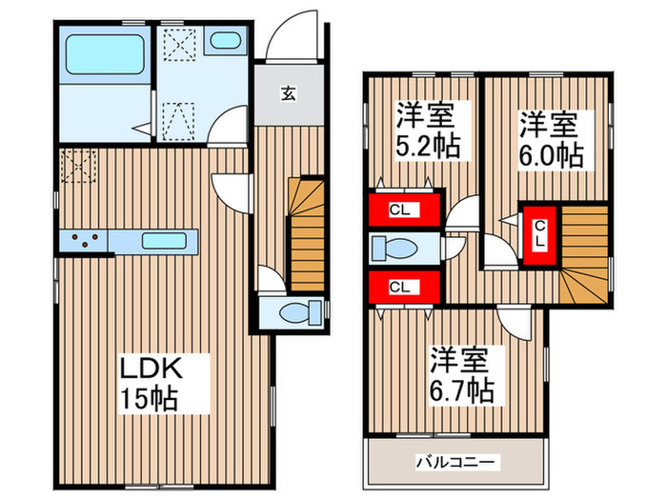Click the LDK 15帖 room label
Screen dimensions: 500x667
(x=150, y=383)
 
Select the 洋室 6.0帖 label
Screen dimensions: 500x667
(x=550, y=140)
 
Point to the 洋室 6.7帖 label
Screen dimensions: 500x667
(x=460, y=375)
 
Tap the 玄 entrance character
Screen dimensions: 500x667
(x=287, y=93)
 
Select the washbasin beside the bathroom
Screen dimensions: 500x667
(x=225, y=41)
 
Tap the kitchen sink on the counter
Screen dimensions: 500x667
(x=168, y=241)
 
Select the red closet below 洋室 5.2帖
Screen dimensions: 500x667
(x=404, y=210)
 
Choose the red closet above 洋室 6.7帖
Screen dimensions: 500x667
(x=404, y=285)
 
